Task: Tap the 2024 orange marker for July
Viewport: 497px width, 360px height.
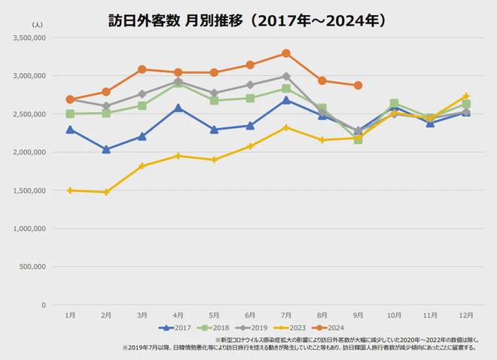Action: [x=286, y=53]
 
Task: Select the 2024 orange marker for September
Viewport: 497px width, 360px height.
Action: [x=358, y=85]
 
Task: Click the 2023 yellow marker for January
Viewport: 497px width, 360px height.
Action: [x=70, y=191]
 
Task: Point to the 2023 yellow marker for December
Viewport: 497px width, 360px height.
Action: [x=466, y=96]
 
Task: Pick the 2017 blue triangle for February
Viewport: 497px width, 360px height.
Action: [x=106, y=149]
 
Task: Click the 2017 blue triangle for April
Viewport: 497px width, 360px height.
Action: [x=178, y=108]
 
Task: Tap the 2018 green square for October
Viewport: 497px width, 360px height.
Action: [x=394, y=103]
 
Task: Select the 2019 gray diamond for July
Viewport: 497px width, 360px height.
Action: [x=286, y=76]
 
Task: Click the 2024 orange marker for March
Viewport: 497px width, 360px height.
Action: [x=142, y=69]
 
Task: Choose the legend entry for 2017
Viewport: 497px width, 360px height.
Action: [x=175, y=328]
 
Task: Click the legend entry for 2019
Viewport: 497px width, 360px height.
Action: [x=255, y=328]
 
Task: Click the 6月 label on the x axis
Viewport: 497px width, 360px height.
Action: [x=250, y=314]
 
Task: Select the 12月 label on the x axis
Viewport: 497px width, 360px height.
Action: [x=466, y=314]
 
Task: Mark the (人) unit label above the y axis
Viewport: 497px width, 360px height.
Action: [x=39, y=25]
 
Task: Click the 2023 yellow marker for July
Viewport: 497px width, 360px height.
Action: [x=286, y=127]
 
